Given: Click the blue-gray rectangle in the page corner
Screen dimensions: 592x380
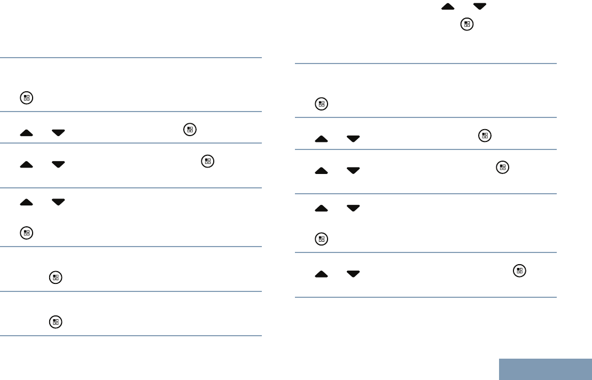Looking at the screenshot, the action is pyautogui.click(x=546, y=369).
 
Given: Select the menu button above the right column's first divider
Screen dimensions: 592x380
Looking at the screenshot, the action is pyautogui.click(x=467, y=24).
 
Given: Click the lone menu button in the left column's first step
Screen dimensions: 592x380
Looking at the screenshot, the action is pyautogui.click(x=27, y=98).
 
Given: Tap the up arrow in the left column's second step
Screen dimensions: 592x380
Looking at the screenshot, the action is pyautogui.click(x=26, y=132).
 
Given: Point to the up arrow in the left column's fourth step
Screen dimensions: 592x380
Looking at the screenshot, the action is pyautogui.click(x=26, y=202).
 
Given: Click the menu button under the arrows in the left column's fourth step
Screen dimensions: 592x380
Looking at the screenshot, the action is pyautogui.click(x=27, y=233).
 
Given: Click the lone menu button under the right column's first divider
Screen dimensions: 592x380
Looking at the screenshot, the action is pyautogui.click(x=321, y=105).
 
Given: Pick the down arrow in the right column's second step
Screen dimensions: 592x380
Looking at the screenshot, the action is pyautogui.click(x=353, y=138).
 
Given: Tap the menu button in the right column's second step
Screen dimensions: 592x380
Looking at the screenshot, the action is pyautogui.click(x=484, y=136).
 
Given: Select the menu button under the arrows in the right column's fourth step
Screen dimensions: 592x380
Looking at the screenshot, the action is pyautogui.click(x=321, y=240).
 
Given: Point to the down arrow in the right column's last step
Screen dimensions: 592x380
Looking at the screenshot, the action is pyautogui.click(x=353, y=273).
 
